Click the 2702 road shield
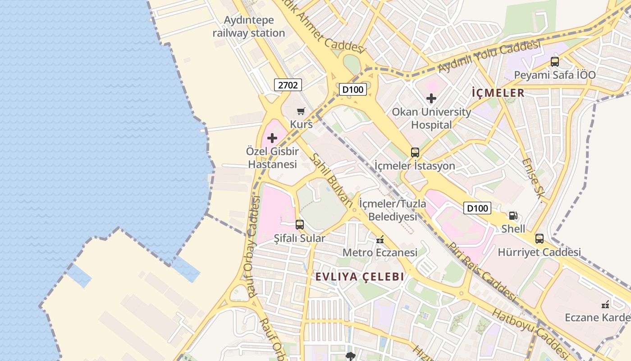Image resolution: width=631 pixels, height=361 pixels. pos(288,84)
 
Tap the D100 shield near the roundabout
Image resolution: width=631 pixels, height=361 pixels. pos(352,89)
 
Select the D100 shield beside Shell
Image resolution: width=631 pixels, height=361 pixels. pos(477,208)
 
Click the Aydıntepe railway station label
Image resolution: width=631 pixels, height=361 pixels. pos(248,27)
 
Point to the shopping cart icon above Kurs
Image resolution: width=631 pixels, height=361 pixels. pos(301,111)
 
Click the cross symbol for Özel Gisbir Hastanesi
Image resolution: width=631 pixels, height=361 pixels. pos(272,138)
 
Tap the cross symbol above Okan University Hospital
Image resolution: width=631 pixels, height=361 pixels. pos(431,98)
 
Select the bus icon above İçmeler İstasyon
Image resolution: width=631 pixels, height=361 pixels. pos(415,153)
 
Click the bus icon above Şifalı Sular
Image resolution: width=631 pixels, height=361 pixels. pos(299,224)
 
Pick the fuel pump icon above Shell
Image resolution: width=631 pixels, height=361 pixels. pos(513,216)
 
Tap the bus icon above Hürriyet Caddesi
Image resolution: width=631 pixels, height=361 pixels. pos(539,239)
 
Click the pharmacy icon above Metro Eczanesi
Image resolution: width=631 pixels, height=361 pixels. pos(380,239)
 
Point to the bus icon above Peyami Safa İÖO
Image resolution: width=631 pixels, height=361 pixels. pos(554,62)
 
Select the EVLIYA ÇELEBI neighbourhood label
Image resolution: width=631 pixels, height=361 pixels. pos(359,277)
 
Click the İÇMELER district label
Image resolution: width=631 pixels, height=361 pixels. pos(498,93)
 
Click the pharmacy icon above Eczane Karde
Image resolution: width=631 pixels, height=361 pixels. pos(605,305)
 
